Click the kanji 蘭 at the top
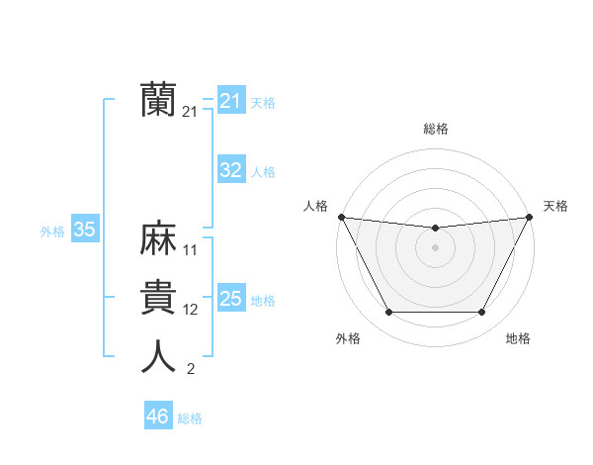coord(158,99)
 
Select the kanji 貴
coord(158,298)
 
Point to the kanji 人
coord(158,357)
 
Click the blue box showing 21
coord(230,101)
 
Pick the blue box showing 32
coord(230,170)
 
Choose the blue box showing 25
coord(230,299)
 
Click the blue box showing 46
coord(157,417)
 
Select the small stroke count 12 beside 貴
coord(191,310)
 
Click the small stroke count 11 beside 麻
coord(191,250)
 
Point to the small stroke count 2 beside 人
coord(191,370)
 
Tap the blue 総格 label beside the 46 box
coord(190,418)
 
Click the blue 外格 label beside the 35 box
coord(52,232)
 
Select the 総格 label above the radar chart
coord(436,129)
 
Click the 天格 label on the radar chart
coord(555,206)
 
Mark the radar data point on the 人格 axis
coord(341,217)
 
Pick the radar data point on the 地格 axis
coord(482,313)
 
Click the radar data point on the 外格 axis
coord(388,313)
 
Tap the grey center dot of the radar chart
coord(435,247)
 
